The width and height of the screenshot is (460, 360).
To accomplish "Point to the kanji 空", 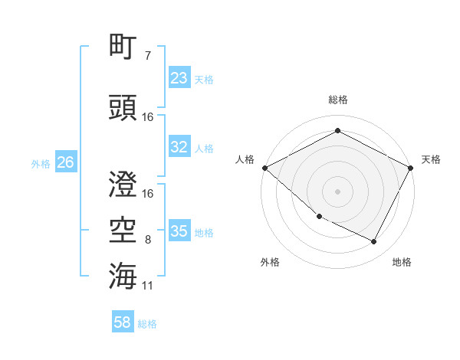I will [x=123, y=228].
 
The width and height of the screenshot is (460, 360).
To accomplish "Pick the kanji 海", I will [x=123, y=275].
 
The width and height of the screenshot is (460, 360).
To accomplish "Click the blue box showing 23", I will [x=179, y=77].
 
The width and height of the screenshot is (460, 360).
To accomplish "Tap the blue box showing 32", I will [x=179, y=148].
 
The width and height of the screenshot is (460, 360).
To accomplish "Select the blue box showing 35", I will [x=179, y=232].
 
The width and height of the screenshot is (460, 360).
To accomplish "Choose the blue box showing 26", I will [x=66, y=162].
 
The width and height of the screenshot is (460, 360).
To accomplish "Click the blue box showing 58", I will [x=123, y=322].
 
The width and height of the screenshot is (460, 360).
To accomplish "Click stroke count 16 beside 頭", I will [x=148, y=117].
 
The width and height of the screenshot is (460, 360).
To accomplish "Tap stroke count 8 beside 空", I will [x=147, y=240].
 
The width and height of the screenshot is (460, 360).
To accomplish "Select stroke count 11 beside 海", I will [x=148, y=286].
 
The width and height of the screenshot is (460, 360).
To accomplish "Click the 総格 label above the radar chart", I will [x=337, y=100].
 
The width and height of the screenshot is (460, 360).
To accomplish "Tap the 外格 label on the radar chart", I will [x=270, y=262].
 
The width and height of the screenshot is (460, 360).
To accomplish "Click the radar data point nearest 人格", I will [x=265, y=168].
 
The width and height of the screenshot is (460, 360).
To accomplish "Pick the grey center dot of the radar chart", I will [x=337, y=191].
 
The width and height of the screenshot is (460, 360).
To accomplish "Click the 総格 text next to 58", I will [x=147, y=324].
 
